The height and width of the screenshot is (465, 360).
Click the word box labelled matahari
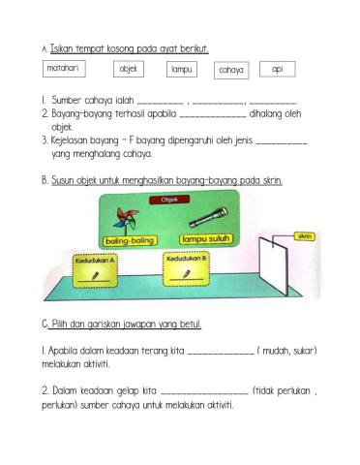click(x=66, y=68)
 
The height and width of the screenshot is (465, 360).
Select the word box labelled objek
click(x=129, y=69)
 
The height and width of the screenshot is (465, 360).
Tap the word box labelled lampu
click(x=181, y=69)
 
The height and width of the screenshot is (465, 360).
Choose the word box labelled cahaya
click(x=230, y=70)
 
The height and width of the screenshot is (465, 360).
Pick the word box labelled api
click(x=278, y=69)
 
